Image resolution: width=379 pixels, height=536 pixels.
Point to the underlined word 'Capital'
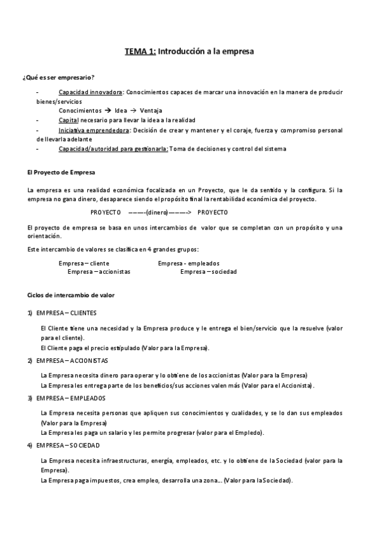(68, 120)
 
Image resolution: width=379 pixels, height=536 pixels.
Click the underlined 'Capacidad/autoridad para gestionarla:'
(113, 149)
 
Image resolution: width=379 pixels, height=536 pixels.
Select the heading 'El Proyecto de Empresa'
(62, 173)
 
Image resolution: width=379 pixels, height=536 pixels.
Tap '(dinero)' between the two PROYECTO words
(161, 212)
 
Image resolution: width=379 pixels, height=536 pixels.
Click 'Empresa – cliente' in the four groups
(84, 263)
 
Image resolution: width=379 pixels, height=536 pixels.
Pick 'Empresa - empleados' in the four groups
(189, 263)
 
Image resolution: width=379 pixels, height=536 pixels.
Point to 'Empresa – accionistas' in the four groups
(99, 272)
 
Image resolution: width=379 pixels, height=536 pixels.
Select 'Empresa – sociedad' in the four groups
(208, 272)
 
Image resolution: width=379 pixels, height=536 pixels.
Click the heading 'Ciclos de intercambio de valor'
(71, 295)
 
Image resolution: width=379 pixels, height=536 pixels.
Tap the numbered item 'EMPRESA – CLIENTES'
(66, 313)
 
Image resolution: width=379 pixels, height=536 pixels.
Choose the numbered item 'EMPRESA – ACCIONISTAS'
(72, 360)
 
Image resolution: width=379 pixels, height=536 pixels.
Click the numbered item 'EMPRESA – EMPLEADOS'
(71, 398)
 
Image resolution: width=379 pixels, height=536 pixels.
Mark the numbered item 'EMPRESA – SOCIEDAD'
(69, 446)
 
